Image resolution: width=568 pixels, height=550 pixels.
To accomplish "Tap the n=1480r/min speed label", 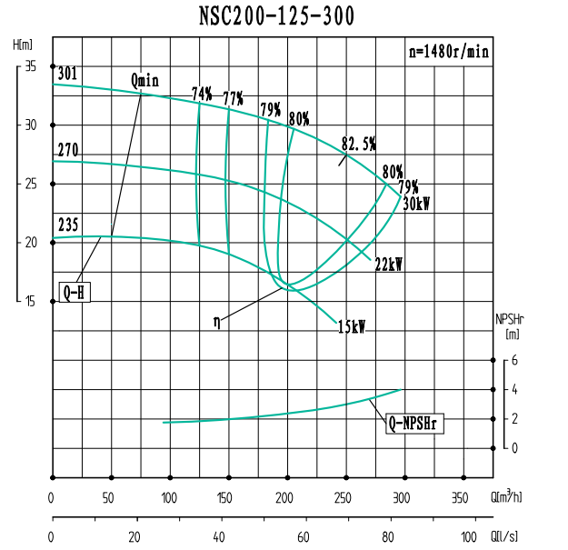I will pos(448,52).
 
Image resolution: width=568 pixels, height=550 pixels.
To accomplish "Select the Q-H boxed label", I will pos(75,292).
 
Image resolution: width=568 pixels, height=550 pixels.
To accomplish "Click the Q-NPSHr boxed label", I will pos(415,423).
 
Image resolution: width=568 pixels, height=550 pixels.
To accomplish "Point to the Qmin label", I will pos(144,80).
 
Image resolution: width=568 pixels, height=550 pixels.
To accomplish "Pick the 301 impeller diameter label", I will pos(66,75).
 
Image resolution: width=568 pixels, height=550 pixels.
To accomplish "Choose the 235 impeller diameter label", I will pos(66,225).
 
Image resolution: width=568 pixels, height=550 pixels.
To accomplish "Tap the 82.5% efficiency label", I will pos(359,144).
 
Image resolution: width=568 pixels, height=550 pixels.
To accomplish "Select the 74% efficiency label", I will pos(202,94).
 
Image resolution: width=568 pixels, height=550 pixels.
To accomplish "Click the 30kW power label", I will pos(415,204).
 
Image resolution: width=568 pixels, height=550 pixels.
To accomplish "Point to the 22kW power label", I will pos(388,265).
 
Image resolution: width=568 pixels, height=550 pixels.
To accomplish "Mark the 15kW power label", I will pos(351,327).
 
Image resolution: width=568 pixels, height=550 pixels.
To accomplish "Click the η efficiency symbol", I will pos(217,321).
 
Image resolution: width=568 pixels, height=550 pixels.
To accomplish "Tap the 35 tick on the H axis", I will pos(30,66).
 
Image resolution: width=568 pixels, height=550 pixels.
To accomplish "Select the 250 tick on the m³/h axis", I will pos(343,497).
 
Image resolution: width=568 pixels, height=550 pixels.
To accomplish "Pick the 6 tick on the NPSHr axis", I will pos(514,360).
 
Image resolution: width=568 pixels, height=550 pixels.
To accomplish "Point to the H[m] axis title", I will pos(24,45).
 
